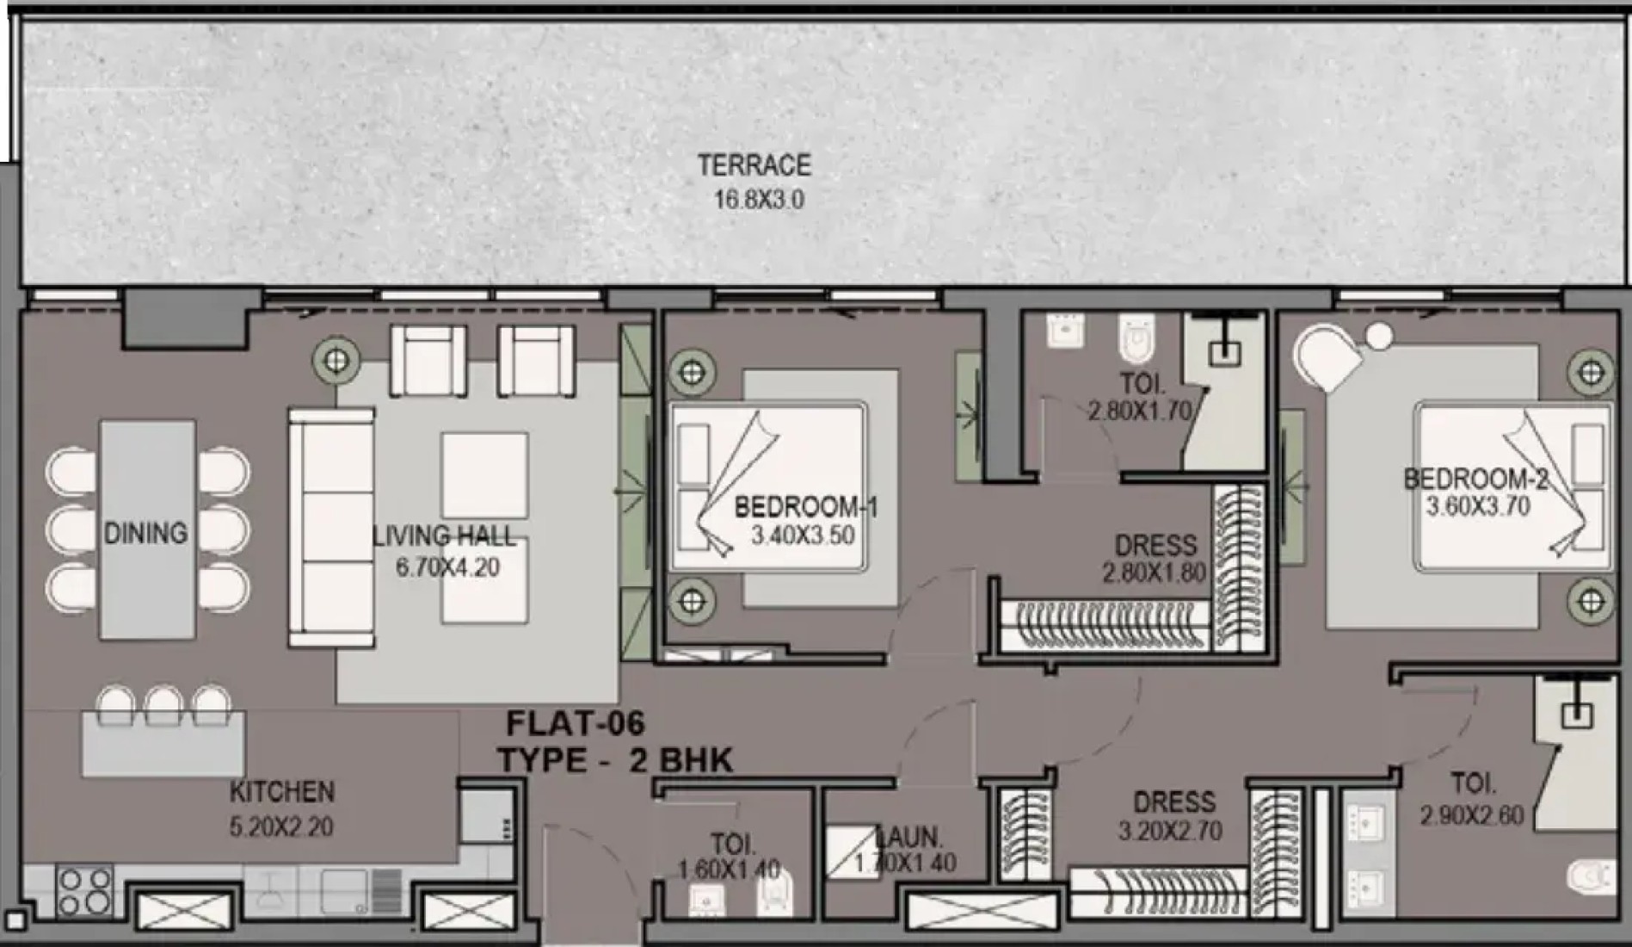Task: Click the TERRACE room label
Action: [x=754, y=164]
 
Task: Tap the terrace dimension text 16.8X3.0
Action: [x=759, y=200]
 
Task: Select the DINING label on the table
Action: [x=145, y=533]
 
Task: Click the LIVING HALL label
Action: [x=444, y=536]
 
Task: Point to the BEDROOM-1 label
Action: [x=806, y=507]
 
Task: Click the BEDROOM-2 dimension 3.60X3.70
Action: [x=1478, y=506]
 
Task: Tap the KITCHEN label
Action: [x=281, y=791]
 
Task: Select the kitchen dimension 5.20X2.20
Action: [x=281, y=826]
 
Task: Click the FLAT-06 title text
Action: [x=576, y=723]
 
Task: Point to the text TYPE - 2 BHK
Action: [x=615, y=760]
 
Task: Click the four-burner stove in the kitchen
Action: [x=84, y=890]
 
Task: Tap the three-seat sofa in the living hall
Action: [x=332, y=528]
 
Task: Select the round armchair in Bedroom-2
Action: [x=1329, y=356]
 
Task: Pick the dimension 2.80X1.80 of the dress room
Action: [x=1154, y=573]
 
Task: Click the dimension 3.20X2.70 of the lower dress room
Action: [x=1170, y=831]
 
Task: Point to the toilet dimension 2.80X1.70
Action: [x=1140, y=411]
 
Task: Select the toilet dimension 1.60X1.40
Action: [x=729, y=870]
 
